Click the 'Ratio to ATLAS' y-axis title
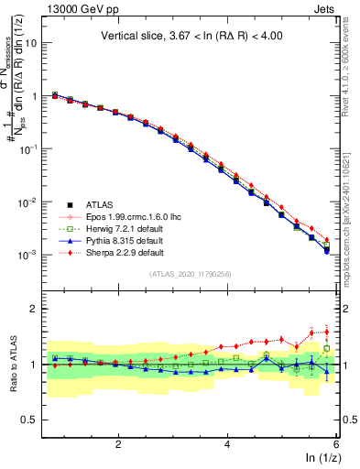(16, 365)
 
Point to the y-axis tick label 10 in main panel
(34, 43)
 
